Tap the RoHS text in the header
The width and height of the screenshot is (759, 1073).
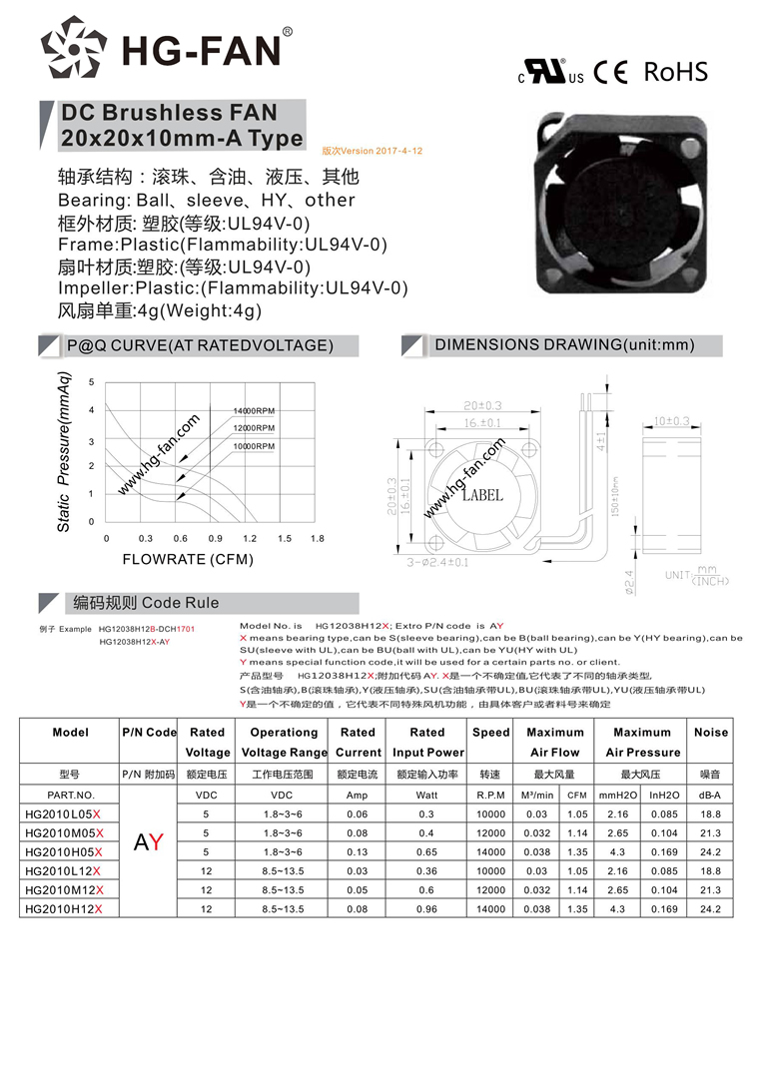pos(675,72)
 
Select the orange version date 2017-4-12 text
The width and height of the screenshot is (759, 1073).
pos(373,151)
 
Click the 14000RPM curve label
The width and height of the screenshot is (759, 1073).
pos(254,411)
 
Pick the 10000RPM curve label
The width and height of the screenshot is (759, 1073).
pos(254,445)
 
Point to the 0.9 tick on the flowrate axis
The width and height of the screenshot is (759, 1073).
pos(215,539)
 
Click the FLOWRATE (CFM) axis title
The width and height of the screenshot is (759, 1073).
pos(188,560)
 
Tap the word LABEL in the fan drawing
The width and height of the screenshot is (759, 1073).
pos(481,496)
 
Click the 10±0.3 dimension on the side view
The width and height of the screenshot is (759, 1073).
pos(672,421)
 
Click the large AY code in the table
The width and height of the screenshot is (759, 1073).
pos(149,843)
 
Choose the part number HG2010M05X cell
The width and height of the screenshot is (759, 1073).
pos(64,833)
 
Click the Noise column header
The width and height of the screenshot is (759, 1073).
pos(710,733)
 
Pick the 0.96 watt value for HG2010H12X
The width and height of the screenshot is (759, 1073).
pos(426,909)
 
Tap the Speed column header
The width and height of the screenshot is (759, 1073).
pos(490,733)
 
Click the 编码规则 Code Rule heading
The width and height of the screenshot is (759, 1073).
pos(145,603)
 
